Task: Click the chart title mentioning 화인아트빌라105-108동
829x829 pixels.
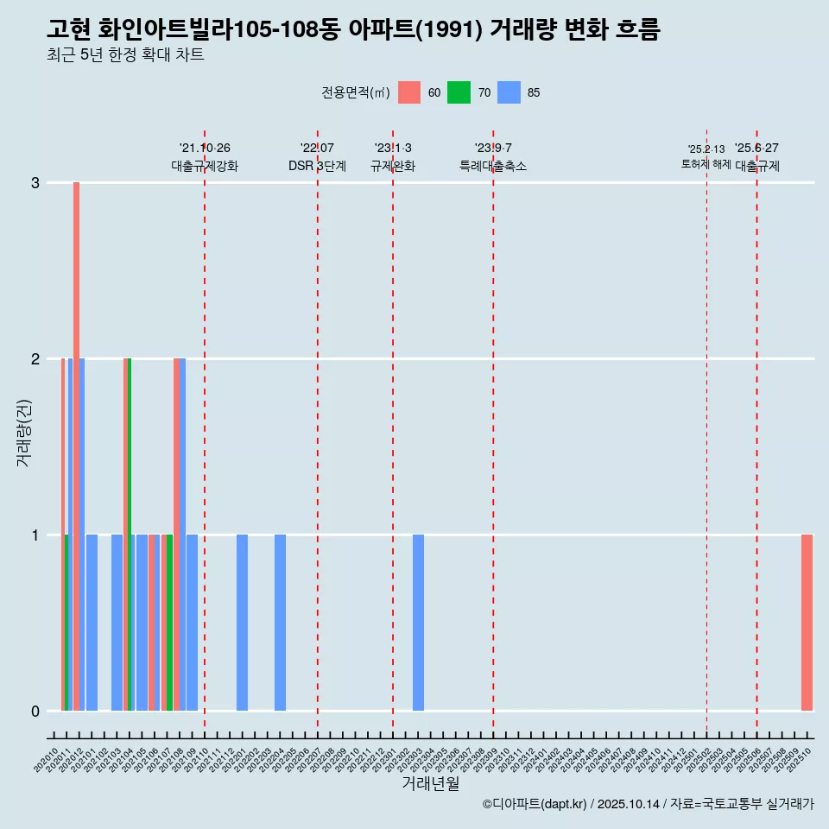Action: tap(353, 30)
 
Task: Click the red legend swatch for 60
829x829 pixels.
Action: tap(409, 92)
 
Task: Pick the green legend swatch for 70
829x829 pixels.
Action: tap(459, 92)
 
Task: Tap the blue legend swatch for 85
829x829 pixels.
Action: tap(509, 92)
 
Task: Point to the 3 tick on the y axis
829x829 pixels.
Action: tap(35, 183)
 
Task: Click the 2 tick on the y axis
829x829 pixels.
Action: tap(35, 358)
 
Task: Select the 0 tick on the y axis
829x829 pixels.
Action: tap(35, 711)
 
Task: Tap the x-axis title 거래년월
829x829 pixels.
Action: tap(430, 783)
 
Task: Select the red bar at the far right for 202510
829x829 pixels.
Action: tap(807, 623)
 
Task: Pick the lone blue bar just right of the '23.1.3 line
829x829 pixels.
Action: tap(418, 623)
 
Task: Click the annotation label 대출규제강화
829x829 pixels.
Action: tap(205, 166)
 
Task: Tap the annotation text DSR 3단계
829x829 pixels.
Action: tap(317, 166)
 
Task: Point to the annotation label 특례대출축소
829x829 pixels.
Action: tap(493, 166)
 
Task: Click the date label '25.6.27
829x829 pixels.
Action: tap(756, 148)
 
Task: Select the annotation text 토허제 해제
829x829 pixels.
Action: tap(706, 164)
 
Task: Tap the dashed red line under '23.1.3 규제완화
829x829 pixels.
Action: tap(393, 432)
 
